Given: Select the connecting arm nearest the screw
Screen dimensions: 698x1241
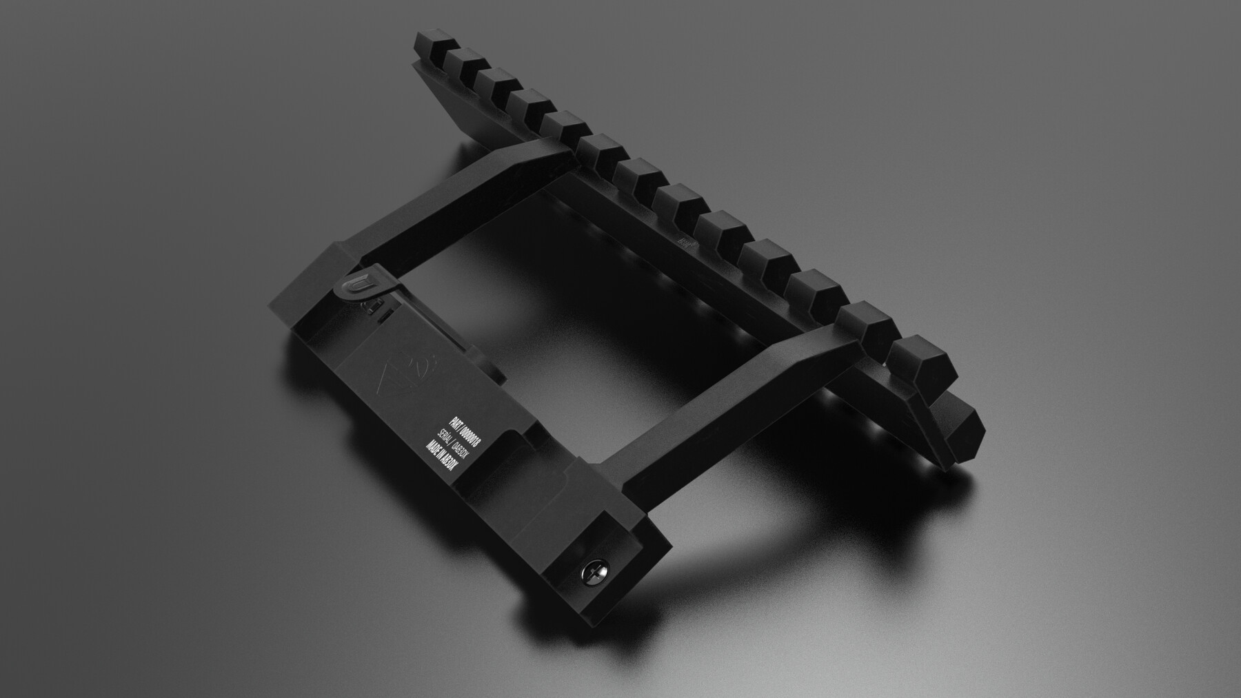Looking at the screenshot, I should pyautogui.click(x=717, y=400).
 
